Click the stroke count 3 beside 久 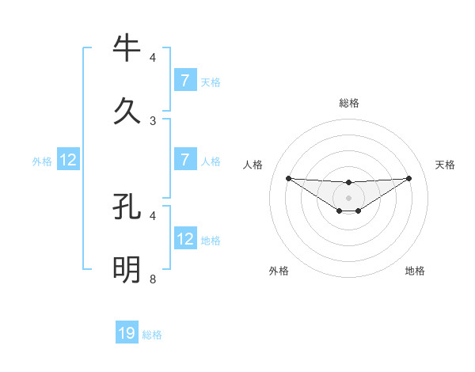pos(153,120)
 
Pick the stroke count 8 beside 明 pos(153,279)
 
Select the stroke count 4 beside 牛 pos(153,58)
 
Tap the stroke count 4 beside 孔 pos(153,215)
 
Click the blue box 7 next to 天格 pos(184,80)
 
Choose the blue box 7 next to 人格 pos(184,159)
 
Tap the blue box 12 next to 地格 pos(184,238)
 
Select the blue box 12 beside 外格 pos(68,160)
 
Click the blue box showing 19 pos(127,333)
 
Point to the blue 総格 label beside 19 pos(152,335)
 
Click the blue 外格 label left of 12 pos(42,161)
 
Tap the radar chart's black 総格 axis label pos(349,103)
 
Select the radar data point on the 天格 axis pos(408,178)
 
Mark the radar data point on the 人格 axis pos(289,178)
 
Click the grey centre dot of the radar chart pos(349,198)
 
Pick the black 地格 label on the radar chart pos(415,271)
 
